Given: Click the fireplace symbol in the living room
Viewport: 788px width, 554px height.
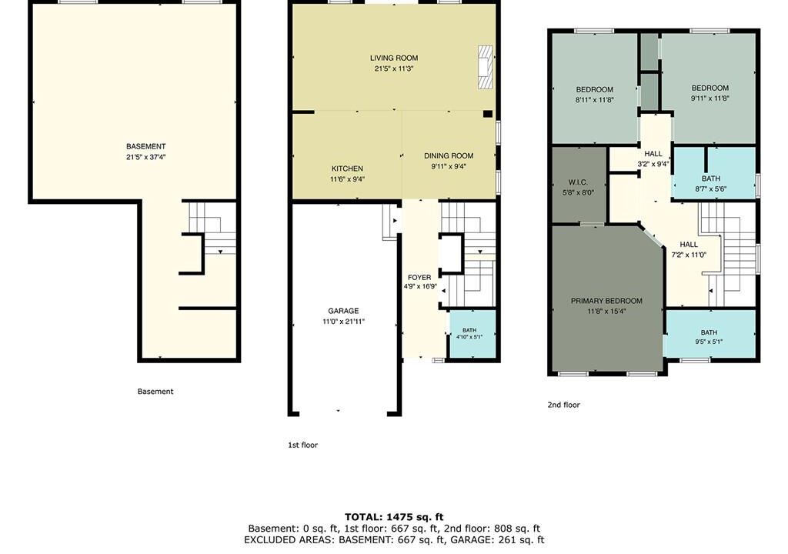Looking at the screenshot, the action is coord(485,68).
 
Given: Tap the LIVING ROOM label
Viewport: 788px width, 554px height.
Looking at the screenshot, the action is coord(394,58).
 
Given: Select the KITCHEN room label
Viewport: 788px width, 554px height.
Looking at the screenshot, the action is coord(347,169).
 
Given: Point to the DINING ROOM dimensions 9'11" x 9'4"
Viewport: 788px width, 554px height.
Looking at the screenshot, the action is coord(449,166).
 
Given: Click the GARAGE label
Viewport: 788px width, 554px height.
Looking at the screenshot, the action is coord(344,311).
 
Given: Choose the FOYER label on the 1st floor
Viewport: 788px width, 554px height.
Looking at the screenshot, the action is coord(419,277).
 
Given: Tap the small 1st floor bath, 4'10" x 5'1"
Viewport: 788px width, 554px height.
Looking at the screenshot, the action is coord(472,334).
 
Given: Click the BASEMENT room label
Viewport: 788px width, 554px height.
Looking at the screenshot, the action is coord(145,146).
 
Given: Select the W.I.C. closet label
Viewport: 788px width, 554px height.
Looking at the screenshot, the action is coord(579,182).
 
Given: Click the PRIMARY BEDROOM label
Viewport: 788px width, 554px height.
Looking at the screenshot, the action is coord(606,301).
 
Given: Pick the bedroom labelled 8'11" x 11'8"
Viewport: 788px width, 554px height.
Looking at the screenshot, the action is coord(595,88).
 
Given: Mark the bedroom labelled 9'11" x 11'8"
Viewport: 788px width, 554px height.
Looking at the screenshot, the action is coord(710,88).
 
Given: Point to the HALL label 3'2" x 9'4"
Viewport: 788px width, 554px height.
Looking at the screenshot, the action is coord(653,153).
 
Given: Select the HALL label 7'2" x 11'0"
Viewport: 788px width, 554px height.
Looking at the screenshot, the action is coord(689,245).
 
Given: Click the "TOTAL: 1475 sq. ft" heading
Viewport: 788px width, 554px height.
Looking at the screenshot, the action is coord(394,517).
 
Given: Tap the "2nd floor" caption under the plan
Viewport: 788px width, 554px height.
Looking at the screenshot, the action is coord(564,405).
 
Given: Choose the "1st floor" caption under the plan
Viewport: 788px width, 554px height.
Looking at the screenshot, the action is coord(303,445).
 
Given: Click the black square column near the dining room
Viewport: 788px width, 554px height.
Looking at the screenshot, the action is coord(487,114).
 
